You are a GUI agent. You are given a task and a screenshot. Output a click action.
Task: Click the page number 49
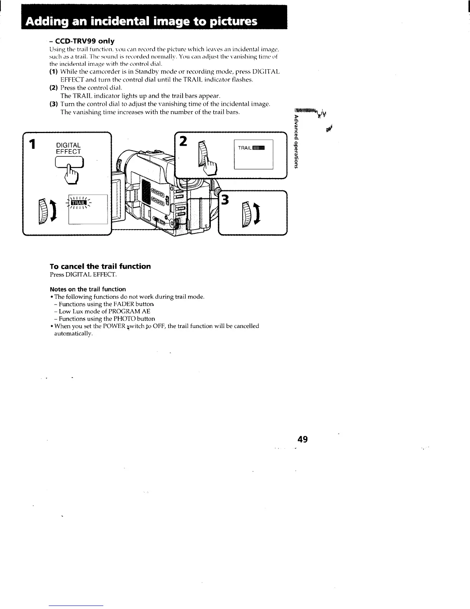(x=303, y=439)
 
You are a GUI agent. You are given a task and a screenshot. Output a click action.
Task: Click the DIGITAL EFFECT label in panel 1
(x=68, y=148)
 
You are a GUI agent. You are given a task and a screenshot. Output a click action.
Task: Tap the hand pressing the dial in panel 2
(x=210, y=166)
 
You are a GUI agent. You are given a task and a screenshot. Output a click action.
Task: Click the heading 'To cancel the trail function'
(x=100, y=266)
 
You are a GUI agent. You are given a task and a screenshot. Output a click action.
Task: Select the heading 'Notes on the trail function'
(x=88, y=289)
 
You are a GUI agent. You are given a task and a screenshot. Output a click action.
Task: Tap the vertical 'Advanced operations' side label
(x=296, y=142)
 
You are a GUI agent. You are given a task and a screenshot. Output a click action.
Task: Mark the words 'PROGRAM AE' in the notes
(x=129, y=311)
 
